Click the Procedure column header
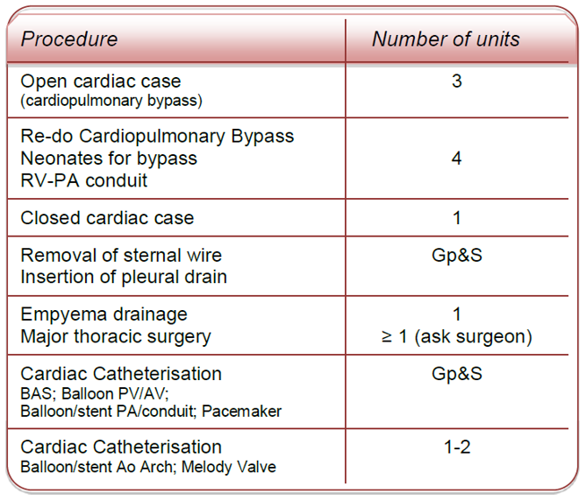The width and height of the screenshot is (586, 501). [69, 39]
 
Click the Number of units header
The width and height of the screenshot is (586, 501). [446, 39]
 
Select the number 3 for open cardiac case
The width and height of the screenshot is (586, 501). [457, 81]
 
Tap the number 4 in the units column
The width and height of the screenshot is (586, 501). [457, 159]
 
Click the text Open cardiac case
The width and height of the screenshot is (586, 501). [101, 81]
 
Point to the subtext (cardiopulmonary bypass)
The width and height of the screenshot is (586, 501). [111, 100]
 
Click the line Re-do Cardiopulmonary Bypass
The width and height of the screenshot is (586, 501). [157, 137]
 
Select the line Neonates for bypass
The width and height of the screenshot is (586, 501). [109, 159]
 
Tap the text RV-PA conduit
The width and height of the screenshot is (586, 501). [84, 181]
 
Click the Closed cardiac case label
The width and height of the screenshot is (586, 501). [107, 218]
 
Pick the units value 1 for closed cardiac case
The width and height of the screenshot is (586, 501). [457, 218]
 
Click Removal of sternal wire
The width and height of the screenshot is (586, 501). [121, 256]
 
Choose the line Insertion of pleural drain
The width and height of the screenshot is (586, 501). [124, 278]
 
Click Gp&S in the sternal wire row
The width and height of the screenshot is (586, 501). [457, 256]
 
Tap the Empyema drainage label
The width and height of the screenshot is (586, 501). [104, 314]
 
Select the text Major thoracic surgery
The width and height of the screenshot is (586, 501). [116, 336]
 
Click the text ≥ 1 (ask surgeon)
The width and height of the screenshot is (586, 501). [457, 336]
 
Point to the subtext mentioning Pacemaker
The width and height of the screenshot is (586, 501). [151, 411]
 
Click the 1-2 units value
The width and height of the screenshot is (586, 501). [457, 448]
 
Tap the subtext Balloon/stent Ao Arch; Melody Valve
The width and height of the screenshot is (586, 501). [148, 467]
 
